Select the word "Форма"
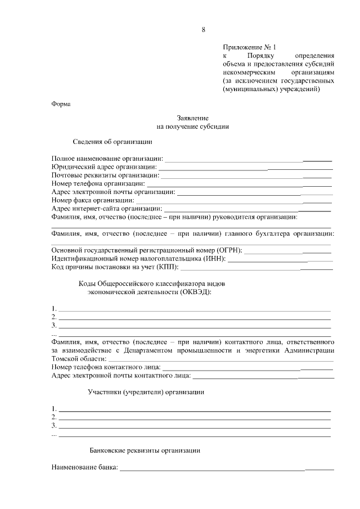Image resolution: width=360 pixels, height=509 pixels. click(61, 103)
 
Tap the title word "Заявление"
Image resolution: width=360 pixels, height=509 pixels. click(193, 118)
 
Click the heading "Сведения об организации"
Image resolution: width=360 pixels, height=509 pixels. click(112, 142)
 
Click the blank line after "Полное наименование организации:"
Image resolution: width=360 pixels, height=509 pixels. click(248, 160)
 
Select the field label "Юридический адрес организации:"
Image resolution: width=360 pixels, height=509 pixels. click(104, 167)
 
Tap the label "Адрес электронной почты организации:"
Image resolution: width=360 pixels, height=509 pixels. click(113, 192)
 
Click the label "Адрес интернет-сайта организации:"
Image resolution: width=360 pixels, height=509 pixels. click(107, 208)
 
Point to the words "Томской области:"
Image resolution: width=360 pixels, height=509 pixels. click(78, 358)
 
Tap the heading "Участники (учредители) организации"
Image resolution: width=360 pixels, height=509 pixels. click(146, 392)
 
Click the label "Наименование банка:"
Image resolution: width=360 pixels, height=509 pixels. click(84, 467)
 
